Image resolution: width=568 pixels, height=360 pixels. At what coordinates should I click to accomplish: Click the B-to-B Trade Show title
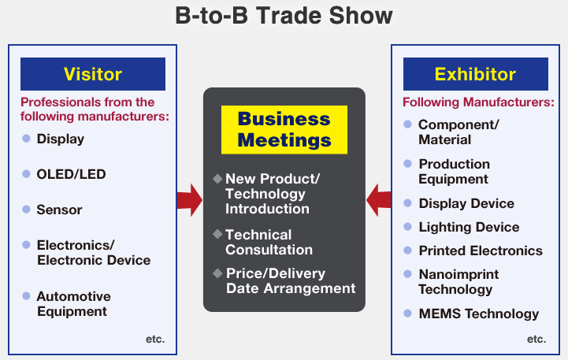(x=284, y=16)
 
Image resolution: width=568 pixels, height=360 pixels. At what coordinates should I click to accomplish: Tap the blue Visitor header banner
(x=93, y=74)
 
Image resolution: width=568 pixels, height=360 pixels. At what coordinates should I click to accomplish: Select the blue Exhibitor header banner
(x=475, y=74)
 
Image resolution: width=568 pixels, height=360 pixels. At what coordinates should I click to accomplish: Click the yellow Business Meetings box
(x=284, y=130)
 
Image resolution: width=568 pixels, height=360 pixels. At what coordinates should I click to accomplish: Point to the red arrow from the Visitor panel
(x=189, y=200)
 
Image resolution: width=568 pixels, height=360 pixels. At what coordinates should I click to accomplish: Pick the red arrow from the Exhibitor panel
(x=379, y=200)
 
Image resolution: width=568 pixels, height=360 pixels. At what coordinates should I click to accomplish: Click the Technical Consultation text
(x=269, y=243)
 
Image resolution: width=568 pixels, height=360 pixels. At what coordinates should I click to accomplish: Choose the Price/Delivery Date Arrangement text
(x=291, y=280)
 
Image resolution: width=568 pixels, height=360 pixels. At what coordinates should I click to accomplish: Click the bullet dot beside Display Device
(x=407, y=202)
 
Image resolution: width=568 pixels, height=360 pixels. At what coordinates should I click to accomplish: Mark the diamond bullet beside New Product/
(x=217, y=179)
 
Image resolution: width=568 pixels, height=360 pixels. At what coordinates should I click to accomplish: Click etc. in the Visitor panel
(x=155, y=339)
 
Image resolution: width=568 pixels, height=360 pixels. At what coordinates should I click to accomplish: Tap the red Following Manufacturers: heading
(x=478, y=102)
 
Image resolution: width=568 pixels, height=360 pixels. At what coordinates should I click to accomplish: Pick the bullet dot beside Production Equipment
(x=407, y=163)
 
